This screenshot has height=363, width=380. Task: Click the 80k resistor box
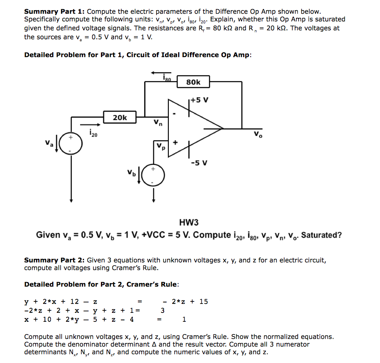click(x=193, y=82)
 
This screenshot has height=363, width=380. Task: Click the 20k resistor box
click(x=120, y=117)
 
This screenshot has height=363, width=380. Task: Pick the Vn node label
click(x=158, y=123)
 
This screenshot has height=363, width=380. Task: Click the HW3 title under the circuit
click(x=189, y=222)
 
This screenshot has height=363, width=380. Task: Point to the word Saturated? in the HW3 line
click(x=321, y=235)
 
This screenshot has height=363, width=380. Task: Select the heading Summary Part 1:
click(x=54, y=11)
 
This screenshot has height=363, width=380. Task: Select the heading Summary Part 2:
click(x=54, y=260)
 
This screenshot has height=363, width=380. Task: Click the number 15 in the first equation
click(x=204, y=301)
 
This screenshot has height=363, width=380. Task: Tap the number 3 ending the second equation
click(x=162, y=310)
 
